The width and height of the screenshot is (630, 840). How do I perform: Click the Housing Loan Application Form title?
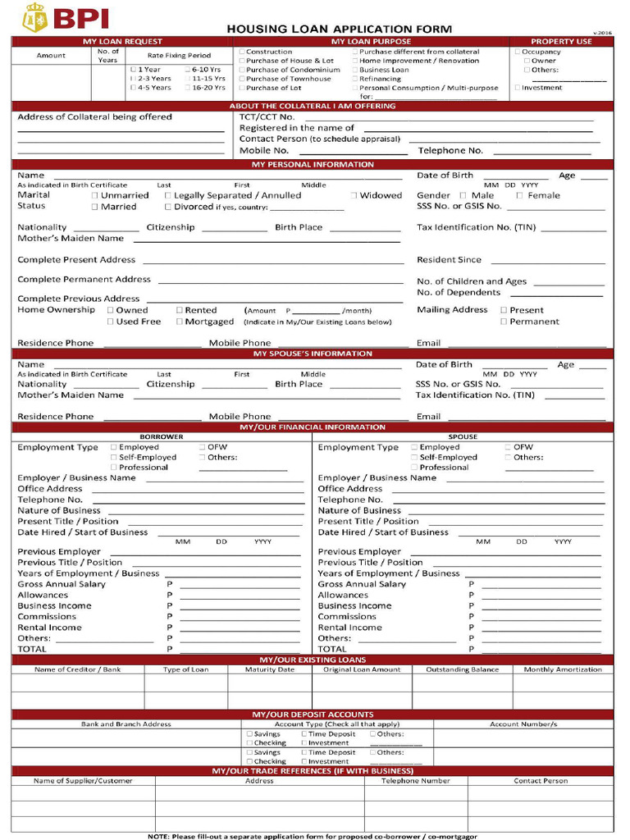tap(339, 29)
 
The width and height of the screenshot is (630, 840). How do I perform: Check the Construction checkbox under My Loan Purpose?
tap(242, 52)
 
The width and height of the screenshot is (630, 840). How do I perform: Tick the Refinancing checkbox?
tap(355, 79)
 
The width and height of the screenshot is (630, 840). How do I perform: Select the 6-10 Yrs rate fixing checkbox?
tap(187, 70)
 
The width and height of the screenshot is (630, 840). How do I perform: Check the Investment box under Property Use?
tap(518, 88)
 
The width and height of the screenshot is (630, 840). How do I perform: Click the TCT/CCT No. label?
tap(267, 116)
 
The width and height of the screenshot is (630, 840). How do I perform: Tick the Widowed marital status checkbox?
tap(354, 195)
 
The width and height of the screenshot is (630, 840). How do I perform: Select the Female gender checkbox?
tap(519, 195)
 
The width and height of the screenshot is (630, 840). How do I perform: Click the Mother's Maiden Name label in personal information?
tap(71, 238)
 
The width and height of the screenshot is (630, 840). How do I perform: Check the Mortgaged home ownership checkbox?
tap(179, 322)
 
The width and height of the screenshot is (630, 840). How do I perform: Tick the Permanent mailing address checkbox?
tap(504, 322)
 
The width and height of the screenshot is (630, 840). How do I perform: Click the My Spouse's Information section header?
tap(312, 354)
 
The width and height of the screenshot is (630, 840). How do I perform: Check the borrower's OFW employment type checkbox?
tap(202, 447)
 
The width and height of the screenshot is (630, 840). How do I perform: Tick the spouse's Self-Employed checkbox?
tap(414, 457)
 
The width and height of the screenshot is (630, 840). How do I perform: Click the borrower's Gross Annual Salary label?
tap(62, 584)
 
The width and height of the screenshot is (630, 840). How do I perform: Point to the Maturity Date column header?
tap(269, 669)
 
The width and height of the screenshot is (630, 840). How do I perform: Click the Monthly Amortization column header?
tap(562, 669)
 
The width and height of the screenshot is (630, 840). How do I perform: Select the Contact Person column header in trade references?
tap(541, 781)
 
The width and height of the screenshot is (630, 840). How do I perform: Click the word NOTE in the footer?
tap(157, 835)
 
